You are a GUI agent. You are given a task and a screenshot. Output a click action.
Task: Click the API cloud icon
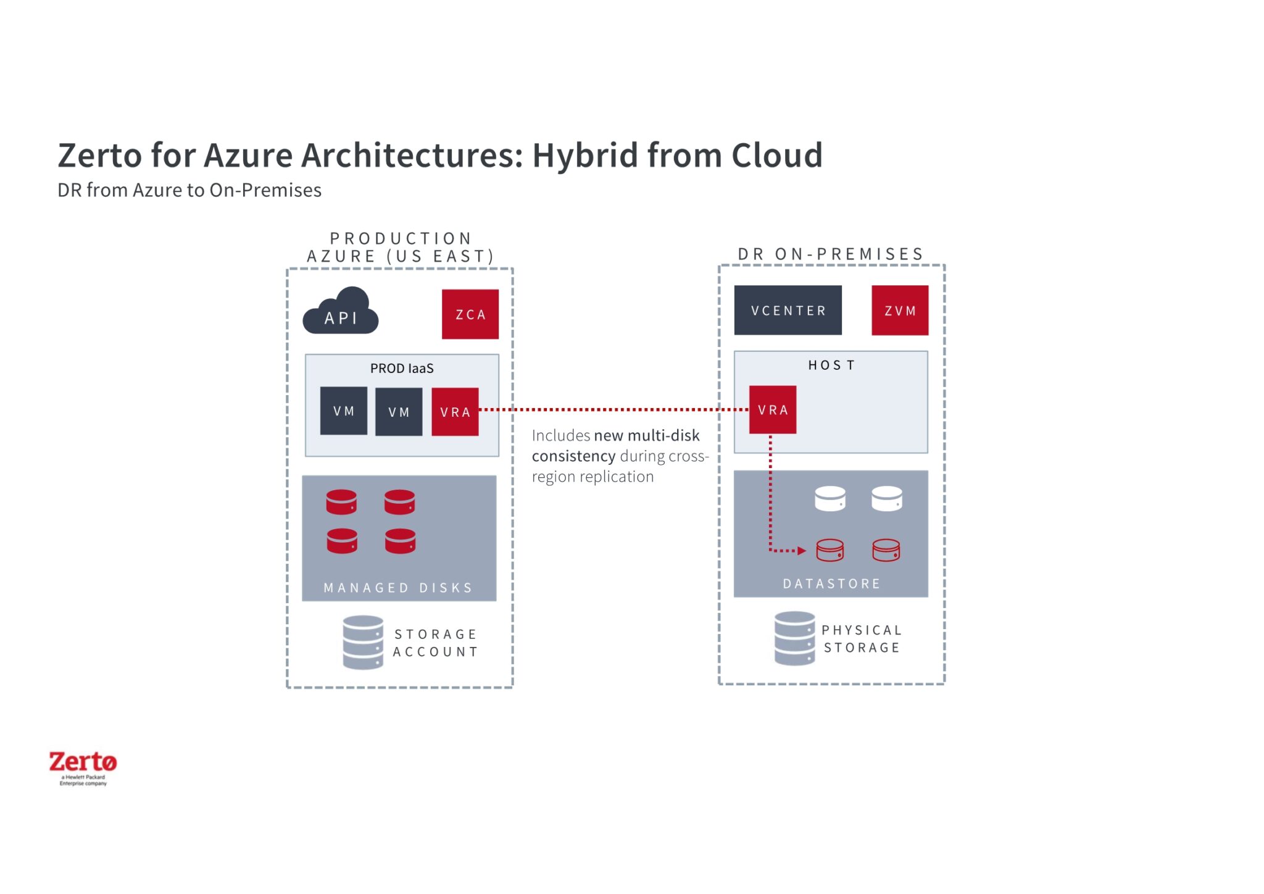click(340, 312)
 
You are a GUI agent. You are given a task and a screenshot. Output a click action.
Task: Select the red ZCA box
click(470, 314)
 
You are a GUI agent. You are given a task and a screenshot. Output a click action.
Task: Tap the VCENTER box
click(788, 311)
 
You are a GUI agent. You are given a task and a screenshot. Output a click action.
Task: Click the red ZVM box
click(899, 311)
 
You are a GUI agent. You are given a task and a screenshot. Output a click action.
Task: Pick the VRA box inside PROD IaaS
click(455, 412)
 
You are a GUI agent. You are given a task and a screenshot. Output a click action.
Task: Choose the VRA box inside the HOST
click(772, 410)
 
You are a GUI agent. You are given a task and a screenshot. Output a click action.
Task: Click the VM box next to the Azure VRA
click(399, 412)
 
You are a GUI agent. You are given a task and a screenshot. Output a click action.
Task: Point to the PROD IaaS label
click(402, 369)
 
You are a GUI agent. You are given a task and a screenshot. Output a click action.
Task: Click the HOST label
click(831, 366)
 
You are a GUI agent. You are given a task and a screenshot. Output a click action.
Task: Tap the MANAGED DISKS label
click(398, 588)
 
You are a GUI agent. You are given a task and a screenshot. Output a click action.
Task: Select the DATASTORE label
click(831, 583)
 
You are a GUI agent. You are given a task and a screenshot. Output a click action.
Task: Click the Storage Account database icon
click(363, 642)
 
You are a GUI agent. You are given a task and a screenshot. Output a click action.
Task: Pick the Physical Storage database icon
click(794, 638)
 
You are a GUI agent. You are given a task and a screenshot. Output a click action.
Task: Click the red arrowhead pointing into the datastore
click(802, 551)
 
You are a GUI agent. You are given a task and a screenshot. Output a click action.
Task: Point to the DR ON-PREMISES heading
click(830, 254)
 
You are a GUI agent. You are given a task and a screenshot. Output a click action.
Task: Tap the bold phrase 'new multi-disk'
click(646, 436)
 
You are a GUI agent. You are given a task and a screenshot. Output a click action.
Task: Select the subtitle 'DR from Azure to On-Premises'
click(189, 190)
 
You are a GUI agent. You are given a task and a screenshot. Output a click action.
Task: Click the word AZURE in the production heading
click(341, 256)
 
